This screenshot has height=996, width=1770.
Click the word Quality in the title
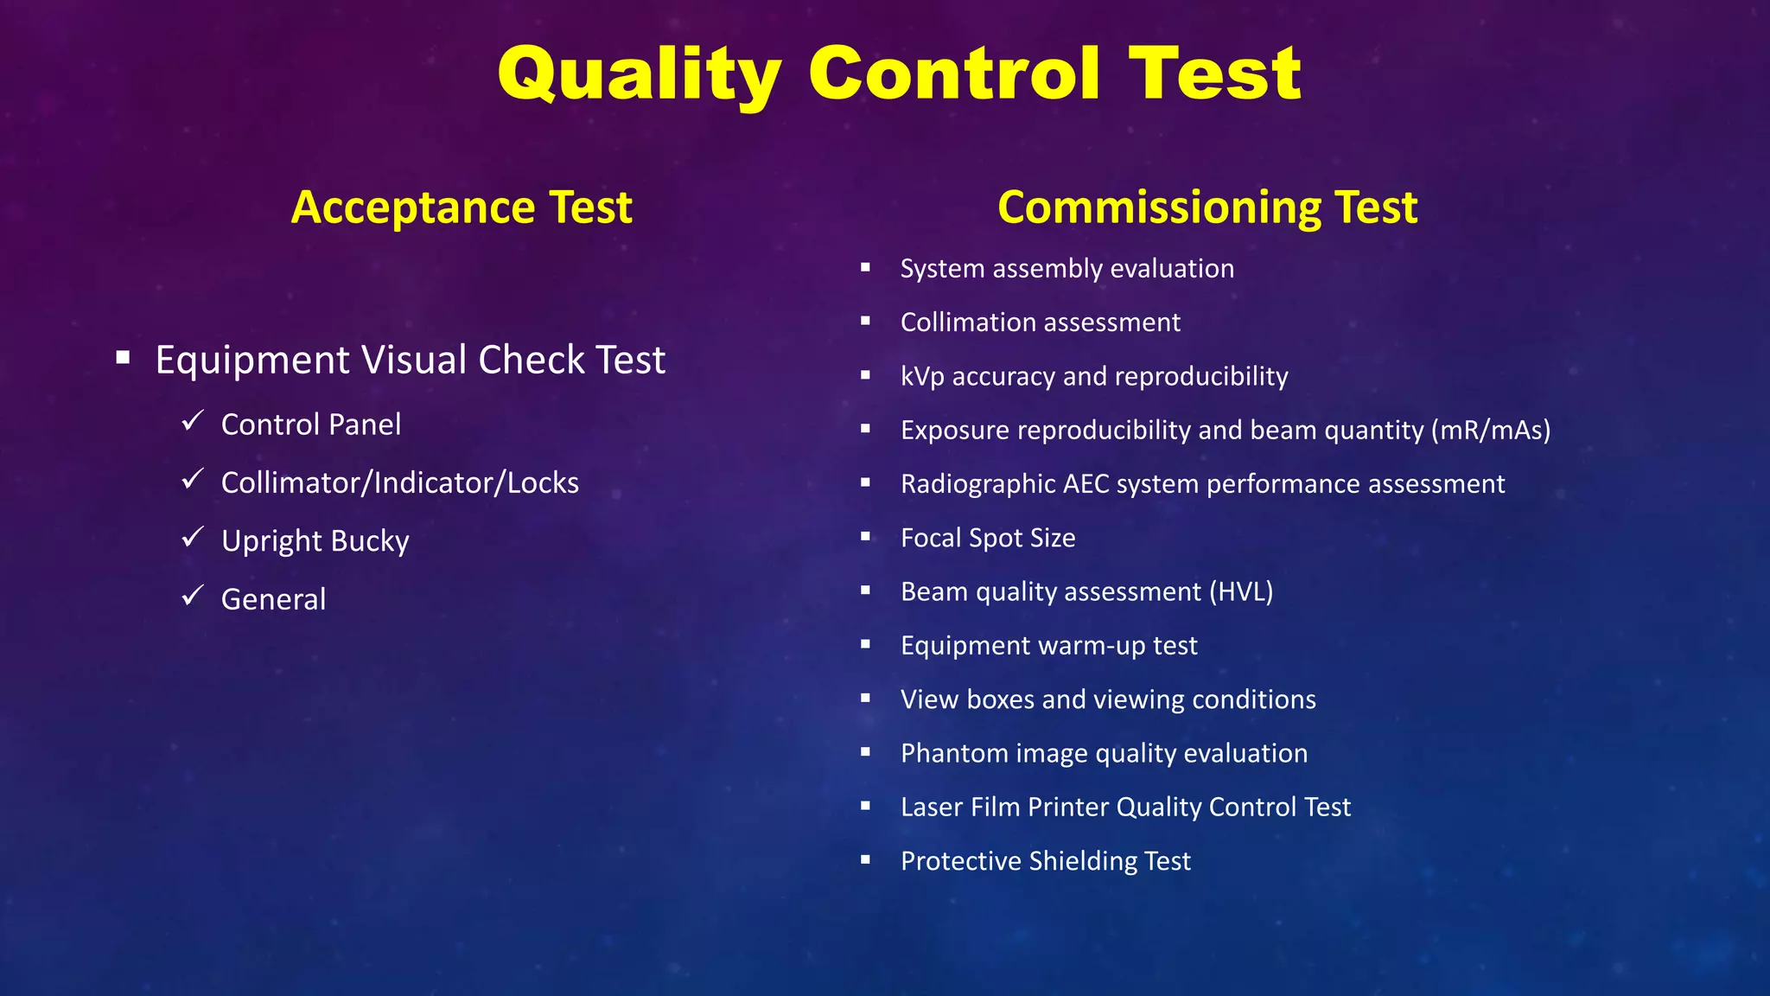click(640, 75)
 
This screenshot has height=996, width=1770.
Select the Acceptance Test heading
click(462, 207)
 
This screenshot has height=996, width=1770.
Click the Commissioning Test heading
click(1207, 207)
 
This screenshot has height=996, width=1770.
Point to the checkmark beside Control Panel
click(192, 421)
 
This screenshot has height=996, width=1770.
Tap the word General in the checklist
click(273, 599)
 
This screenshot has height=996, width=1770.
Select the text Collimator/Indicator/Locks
click(399, 482)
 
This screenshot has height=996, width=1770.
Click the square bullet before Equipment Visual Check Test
click(123, 358)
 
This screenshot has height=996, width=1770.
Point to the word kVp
click(922, 377)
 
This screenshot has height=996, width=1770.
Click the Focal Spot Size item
click(987, 538)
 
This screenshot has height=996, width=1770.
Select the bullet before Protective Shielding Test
click(865, 860)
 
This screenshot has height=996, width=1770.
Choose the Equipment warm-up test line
click(1048, 646)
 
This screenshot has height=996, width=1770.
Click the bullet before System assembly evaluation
click(865, 268)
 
